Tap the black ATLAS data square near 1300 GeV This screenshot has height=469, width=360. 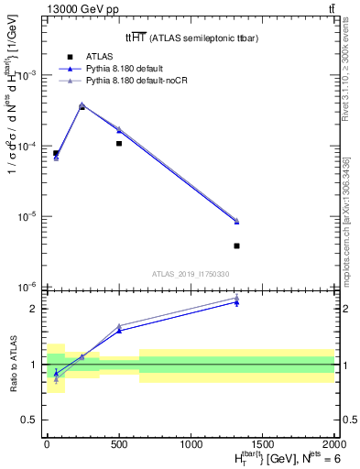tap(236, 245)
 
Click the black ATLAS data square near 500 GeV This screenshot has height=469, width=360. tap(119, 144)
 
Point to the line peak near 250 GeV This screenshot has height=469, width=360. tap(82, 105)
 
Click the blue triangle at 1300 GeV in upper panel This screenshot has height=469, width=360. tap(236, 222)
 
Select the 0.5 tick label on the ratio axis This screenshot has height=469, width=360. tap(30, 420)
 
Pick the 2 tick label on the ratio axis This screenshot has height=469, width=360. tap(34, 308)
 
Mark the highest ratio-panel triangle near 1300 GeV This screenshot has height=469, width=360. tap(236, 298)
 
